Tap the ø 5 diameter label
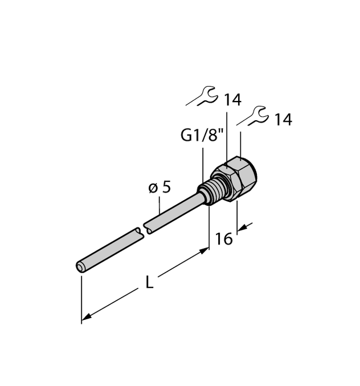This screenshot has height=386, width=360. click(x=159, y=188)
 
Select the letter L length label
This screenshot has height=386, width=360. click(x=149, y=282)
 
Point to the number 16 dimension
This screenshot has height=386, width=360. click(x=224, y=239)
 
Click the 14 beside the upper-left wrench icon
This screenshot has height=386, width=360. click(x=232, y=100)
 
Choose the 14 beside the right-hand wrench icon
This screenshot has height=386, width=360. click(x=283, y=120)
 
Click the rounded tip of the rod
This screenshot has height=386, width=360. click(x=80, y=266)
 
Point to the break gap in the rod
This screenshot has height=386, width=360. click(x=141, y=230)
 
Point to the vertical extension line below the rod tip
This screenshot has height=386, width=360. click(x=82, y=296)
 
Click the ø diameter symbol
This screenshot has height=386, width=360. click(x=152, y=189)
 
